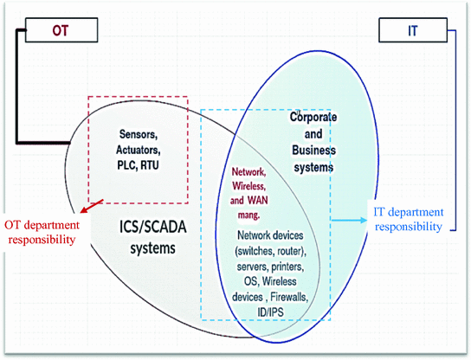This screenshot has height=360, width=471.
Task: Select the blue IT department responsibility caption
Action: coord(407,218)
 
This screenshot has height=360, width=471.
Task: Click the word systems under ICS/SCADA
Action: coord(154,248)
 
